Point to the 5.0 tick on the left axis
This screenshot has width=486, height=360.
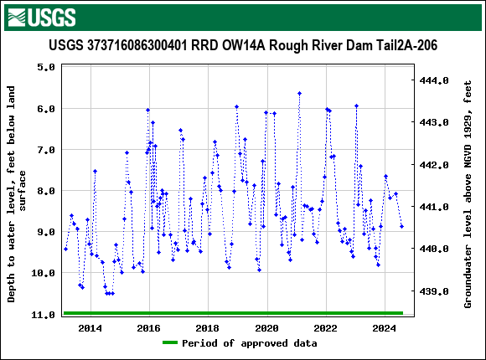pos(46,68)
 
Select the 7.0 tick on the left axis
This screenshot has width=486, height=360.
pos(46,150)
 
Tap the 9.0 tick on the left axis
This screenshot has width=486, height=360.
pos(46,232)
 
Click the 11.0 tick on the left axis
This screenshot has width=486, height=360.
pos(44,314)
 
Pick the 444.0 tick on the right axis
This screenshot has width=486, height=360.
pos(434,80)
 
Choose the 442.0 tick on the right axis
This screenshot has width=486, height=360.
pos(434,165)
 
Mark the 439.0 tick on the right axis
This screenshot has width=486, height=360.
pos(434,291)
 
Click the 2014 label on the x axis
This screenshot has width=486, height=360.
pos(90,327)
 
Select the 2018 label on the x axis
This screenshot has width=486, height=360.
pos(208,327)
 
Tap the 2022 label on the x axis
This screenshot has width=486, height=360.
pos(325,327)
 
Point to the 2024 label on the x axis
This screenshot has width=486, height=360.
pos(384,327)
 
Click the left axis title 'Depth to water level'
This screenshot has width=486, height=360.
pos(17,193)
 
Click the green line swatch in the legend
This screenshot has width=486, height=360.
pos(170,343)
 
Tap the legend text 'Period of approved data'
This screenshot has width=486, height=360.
pos(250,343)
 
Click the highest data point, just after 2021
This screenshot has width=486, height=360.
pos(299,94)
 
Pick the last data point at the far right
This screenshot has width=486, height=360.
pos(401,226)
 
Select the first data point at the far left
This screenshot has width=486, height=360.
pos(65,249)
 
